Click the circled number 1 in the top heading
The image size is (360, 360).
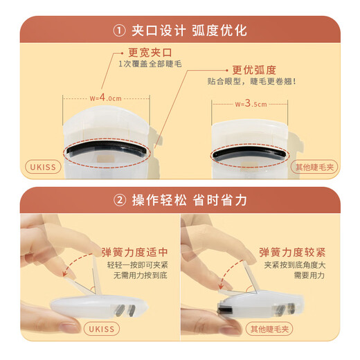coord(119,30)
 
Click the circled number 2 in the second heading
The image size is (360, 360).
coord(119,201)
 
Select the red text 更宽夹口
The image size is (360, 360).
coord(147,52)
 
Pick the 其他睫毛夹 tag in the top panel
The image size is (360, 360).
coord(314,167)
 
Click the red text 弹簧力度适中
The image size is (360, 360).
coord(136,251)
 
